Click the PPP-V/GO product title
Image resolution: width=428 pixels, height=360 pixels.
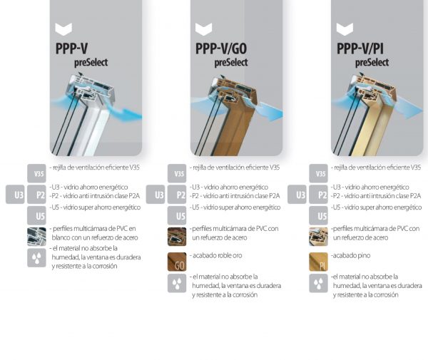coord(221,48)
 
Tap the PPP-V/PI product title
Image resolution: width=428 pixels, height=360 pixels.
coord(360,48)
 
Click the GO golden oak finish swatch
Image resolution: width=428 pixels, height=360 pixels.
coord(177,262)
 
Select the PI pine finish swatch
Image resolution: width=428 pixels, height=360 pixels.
coord(318,262)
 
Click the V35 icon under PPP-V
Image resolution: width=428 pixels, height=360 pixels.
coord(36,173)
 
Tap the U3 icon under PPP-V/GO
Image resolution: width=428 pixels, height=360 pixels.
coord(156,195)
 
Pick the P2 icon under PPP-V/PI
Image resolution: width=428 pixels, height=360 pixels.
coord(318,195)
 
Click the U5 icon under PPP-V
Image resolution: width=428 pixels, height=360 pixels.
coord(36,215)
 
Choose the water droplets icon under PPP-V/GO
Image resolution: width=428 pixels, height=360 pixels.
coord(177,283)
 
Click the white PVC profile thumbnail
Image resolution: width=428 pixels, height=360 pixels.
coord(36,237)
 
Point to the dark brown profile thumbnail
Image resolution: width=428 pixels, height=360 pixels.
coord(177,237)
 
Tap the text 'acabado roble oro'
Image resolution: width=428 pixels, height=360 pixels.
coord(218,255)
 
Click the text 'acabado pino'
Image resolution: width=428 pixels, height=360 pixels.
coord(352,255)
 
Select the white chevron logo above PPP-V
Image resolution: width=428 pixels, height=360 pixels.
coord(63,29)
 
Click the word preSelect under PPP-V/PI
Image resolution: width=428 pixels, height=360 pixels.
coord(372,63)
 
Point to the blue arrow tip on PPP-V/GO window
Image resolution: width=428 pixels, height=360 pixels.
coord(282,113)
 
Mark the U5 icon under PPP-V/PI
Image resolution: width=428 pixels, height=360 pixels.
coord(318,215)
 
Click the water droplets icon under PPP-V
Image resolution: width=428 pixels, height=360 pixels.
coord(36,258)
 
